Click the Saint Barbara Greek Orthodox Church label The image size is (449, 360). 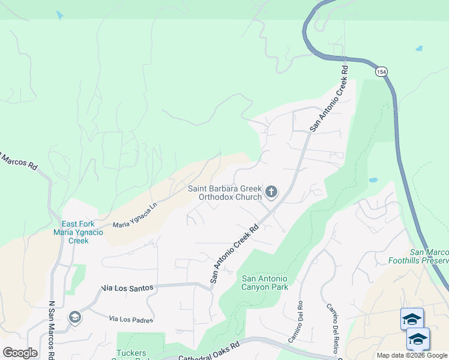pos(224,193)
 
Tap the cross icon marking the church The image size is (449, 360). pos(271,192)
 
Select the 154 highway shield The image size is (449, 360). pos(381,71)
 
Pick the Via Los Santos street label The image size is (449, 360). pos(127,288)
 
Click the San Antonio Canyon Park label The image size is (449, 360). pos(265,283)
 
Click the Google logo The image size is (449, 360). pos(20,353)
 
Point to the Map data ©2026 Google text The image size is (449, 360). pos(412,355)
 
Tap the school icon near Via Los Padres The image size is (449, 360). pos(75,317)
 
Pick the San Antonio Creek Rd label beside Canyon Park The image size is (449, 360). pos(234,254)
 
